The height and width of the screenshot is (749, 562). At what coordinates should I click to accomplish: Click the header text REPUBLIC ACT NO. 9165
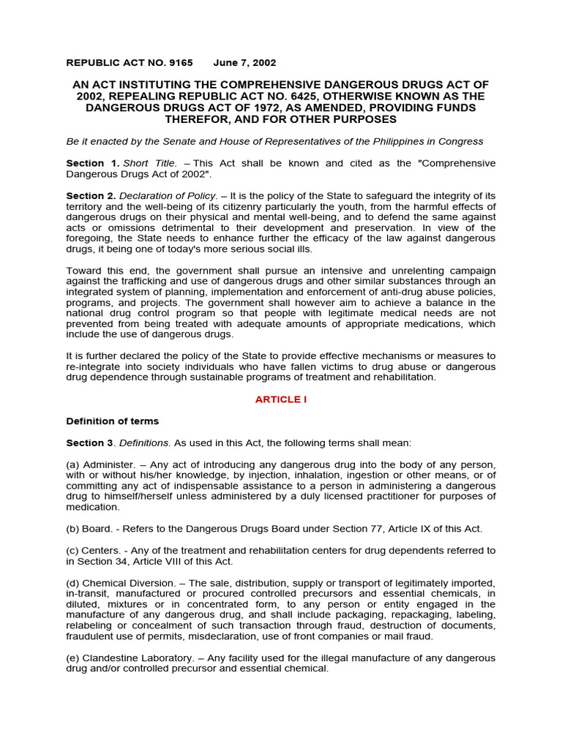[130, 63]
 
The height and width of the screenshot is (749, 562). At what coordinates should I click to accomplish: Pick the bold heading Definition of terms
[112, 421]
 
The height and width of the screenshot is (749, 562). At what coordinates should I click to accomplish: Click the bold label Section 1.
[92, 163]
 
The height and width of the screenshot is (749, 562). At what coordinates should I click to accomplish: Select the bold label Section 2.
[91, 196]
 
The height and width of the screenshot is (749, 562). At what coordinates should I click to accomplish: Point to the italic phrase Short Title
[149, 163]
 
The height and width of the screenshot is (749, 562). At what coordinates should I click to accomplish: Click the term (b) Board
[89, 529]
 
